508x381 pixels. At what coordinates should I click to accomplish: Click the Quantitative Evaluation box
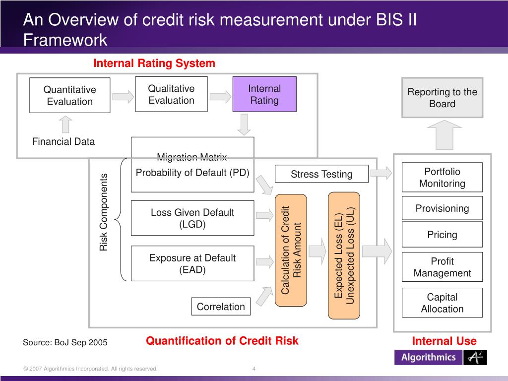click(x=69, y=95)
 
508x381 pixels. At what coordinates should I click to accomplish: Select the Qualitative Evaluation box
click(x=171, y=94)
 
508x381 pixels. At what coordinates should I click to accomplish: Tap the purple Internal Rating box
click(x=264, y=94)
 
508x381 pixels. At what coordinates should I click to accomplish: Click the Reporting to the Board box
click(x=442, y=98)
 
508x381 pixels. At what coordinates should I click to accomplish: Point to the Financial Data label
click(x=63, y=141)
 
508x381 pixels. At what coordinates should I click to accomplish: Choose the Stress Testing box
click(x=321, y=174)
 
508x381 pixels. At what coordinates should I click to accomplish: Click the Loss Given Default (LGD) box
click(x=192, y=218)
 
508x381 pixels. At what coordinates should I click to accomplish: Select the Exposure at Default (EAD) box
click(x=192, y=263)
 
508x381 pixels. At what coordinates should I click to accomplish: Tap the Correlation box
click(x=221, y=307)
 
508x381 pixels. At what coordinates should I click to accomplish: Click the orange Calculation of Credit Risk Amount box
click(x=291, y=250)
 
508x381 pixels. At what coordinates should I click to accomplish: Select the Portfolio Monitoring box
click(x=442, y=178)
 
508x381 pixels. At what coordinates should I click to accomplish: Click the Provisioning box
click(x=442, y=208)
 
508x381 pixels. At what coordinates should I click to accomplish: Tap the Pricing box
click(x=442, y=235)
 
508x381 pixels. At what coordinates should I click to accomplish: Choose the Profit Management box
click(x=442, y=267)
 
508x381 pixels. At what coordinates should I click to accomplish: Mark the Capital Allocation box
click(x=442, y=303)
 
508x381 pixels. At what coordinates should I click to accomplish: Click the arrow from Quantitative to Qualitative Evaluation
click(x=123, y=96)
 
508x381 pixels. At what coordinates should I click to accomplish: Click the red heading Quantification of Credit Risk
click(x=222, y=341)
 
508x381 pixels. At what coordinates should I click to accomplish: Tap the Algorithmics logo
click(x=441, y=357)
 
